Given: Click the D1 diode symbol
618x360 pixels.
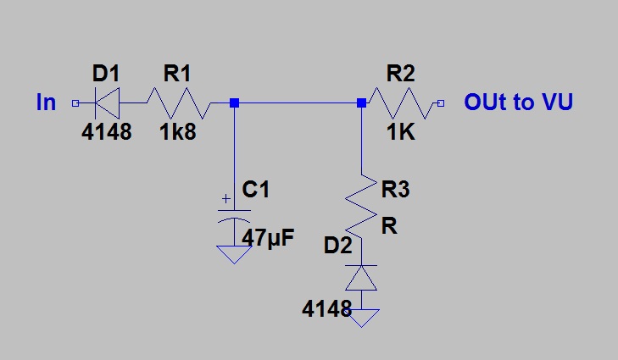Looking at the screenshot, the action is click(107, 103).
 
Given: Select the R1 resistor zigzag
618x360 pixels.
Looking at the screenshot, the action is click(179, 103).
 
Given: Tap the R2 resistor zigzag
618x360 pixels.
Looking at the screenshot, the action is click(402, 103).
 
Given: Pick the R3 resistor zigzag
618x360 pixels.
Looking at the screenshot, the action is click(361, 207).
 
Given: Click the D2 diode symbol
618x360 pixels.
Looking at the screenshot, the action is click(361, 278).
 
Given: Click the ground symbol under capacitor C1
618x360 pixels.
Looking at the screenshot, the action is click(234, 255).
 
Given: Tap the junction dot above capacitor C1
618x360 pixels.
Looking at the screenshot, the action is click(234, 103).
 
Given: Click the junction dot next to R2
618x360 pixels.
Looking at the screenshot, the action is click(361, 103).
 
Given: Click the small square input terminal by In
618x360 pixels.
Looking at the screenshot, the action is click(75, 103).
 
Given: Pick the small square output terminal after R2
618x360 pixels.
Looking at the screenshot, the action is click(441, 103).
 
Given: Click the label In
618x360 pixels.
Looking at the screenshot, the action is click(46, 102).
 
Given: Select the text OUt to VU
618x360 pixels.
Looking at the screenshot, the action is click(518, 102).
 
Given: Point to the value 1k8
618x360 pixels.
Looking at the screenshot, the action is click(178, 131).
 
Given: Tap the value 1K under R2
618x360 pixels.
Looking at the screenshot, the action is click(400, 131).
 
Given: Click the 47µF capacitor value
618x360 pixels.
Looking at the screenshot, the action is click(268, 237).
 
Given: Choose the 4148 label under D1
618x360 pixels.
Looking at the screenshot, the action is click(107, 131).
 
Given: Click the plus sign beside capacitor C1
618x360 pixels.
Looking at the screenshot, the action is click(226, 199).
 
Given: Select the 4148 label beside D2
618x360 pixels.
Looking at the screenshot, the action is click(326, 308).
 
